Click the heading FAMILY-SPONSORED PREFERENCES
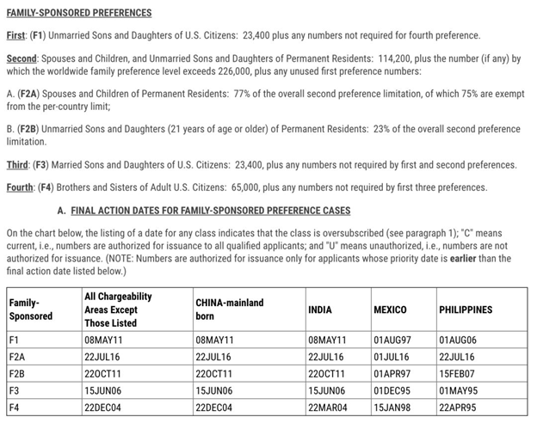click(x=79, y=13)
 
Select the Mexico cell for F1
click(x=391, y=340)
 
